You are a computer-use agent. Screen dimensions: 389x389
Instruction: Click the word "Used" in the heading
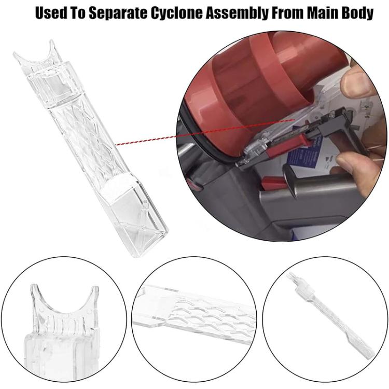coord(50,13)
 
